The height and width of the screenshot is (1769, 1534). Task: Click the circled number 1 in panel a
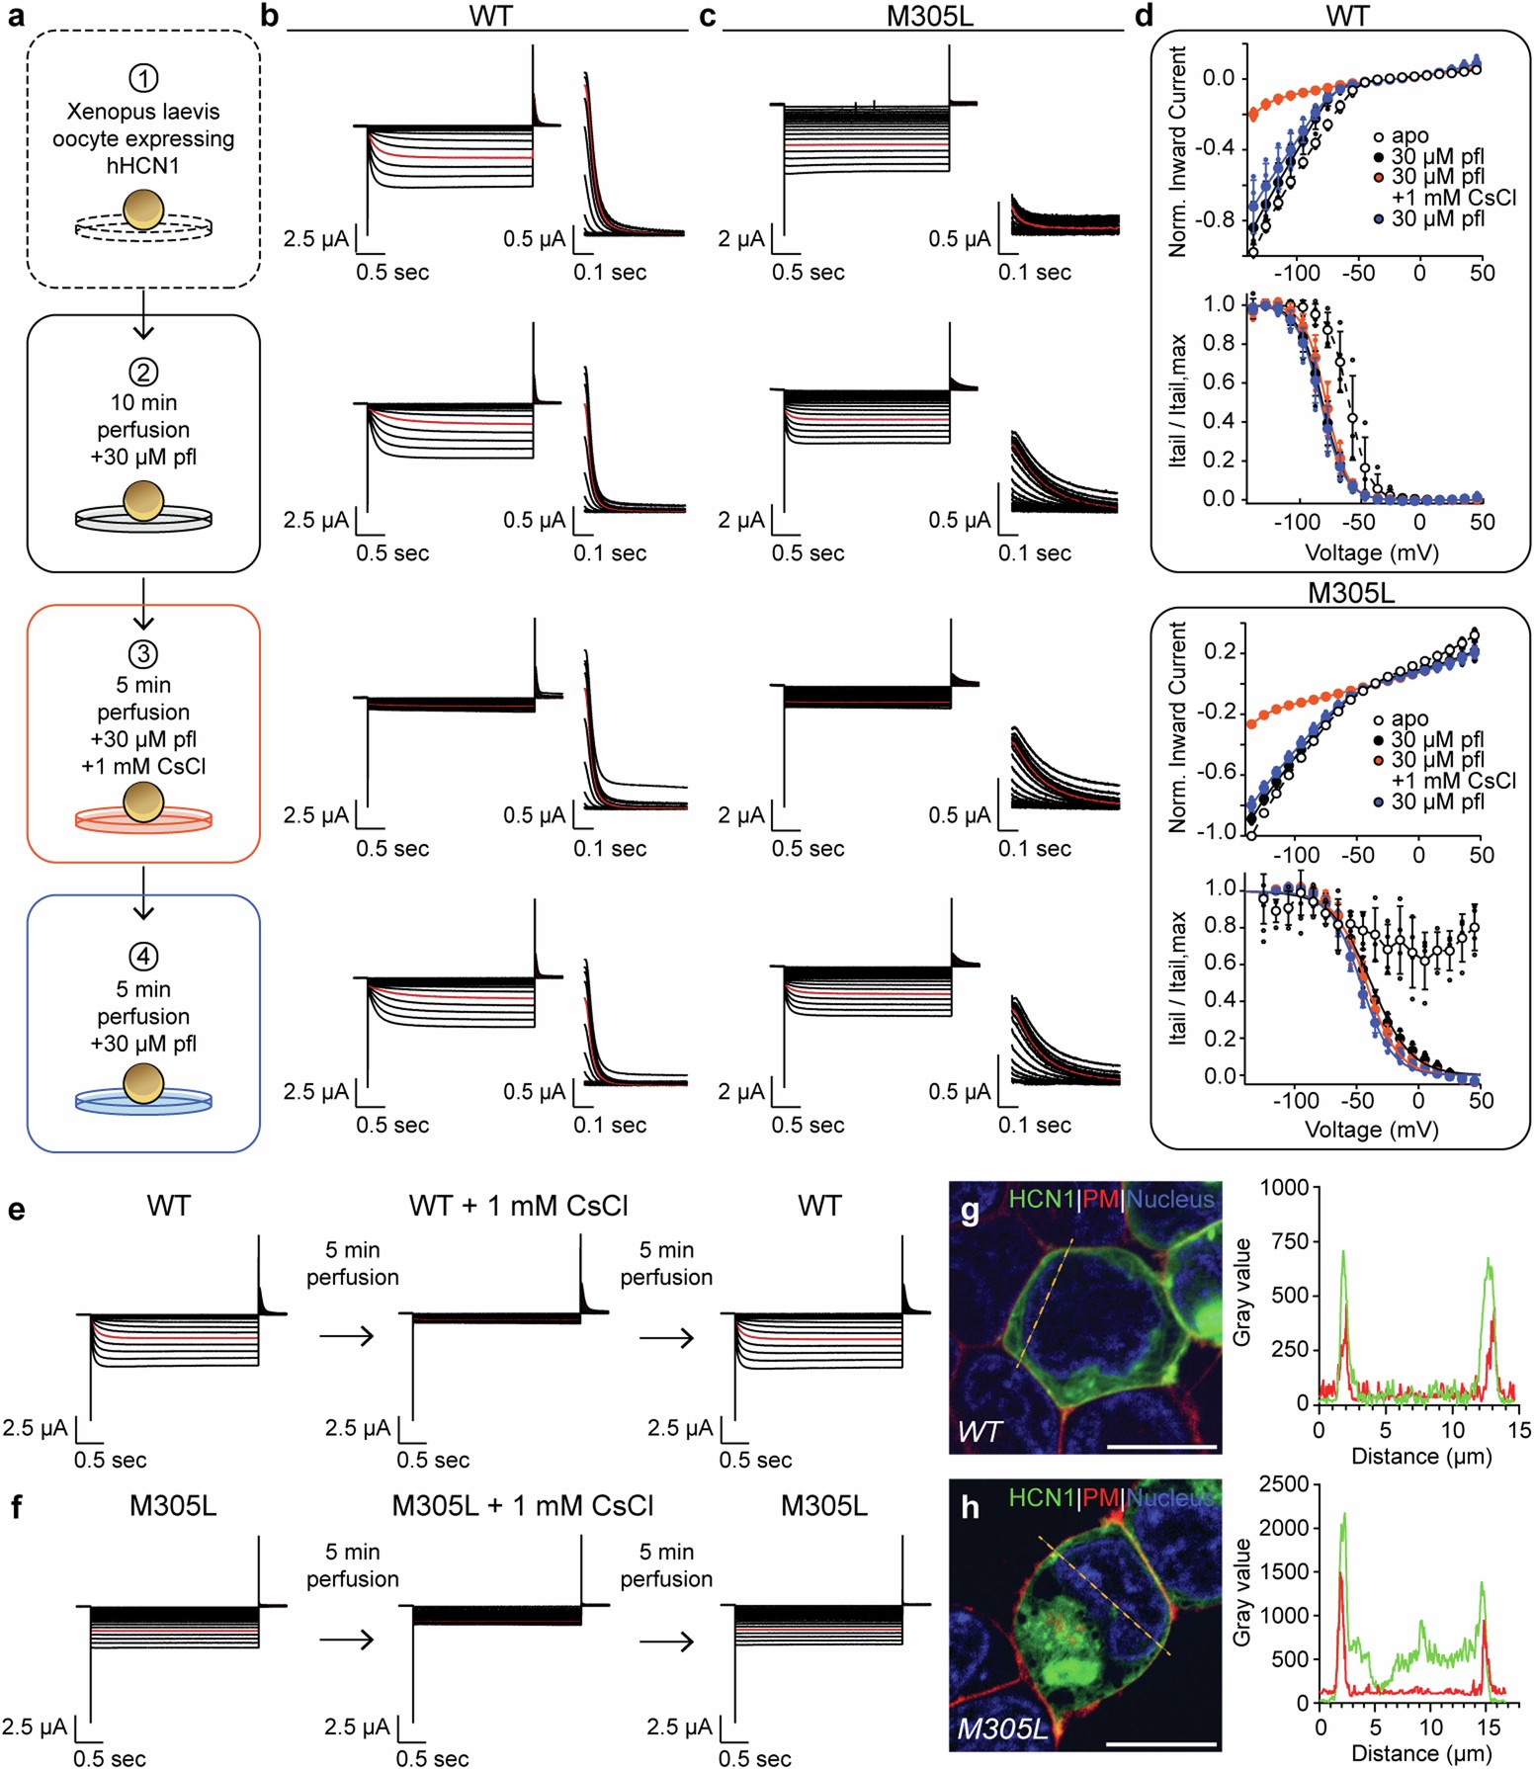[x=143, y=78]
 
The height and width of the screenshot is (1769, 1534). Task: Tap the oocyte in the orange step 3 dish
[x=143, y=801]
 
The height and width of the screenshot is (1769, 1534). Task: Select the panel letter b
[x=269, y=17]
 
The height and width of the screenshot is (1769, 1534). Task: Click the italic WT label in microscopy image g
[x=979, y=1431]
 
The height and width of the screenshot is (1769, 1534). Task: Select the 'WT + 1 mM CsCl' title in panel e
[x=518, y=1206]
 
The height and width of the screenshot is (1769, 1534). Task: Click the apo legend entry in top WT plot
[x=1409, y=136]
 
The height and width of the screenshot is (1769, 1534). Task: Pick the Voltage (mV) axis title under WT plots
[x=1371, y=552]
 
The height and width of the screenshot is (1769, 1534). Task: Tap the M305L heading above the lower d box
[x=1350, y=593]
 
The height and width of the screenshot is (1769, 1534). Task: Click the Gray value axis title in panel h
[x=1241, y=1592]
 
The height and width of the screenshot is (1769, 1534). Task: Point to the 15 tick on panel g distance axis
[x=1519, y=1429]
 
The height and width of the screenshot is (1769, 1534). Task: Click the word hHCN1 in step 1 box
[x=143, y=165]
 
